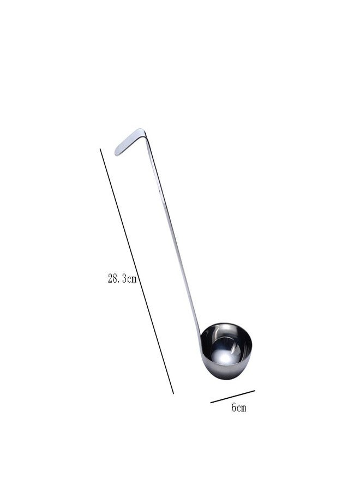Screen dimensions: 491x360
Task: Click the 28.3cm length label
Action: (x=122, y=279)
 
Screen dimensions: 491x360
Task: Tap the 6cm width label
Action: (x=238, y=408)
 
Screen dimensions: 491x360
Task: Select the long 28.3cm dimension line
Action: (x=136, y=270)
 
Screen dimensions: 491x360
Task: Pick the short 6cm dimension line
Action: (x=233, y=396)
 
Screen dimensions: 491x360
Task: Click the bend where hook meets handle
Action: (x=143, y=131)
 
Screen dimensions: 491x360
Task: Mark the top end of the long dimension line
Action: (x=100, y=148)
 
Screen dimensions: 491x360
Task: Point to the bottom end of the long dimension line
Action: (x=173, y=393)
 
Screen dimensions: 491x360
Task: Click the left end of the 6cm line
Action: (x=212, y=402)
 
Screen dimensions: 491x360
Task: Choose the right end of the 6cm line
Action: (x=255, y=390)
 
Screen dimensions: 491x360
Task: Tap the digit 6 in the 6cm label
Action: (x=233, y=408)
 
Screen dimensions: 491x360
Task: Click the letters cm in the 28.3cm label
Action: (x=131, y=279)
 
